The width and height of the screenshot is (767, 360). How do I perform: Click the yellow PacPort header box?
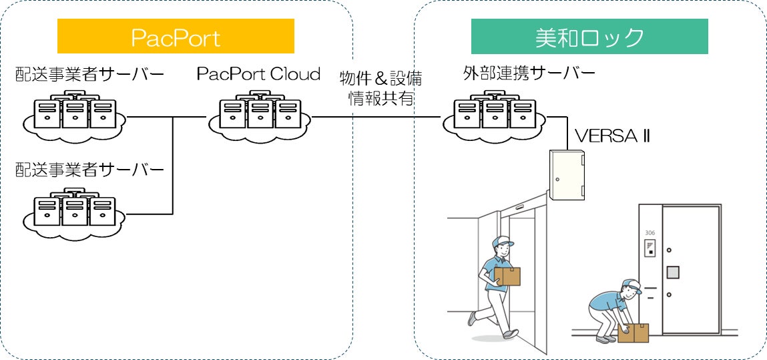tap(176, 36)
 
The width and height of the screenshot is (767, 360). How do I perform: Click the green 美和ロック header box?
tap(589, 36)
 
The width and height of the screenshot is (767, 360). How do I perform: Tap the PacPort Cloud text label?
tap(258, 73)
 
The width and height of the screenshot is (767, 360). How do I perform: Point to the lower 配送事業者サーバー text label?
tap(89, 170)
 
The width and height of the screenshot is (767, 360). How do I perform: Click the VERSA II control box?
tap(567, 174)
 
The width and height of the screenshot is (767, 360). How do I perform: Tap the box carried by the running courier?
tap(508, 277)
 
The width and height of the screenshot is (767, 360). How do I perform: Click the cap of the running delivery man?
tap(503, 241)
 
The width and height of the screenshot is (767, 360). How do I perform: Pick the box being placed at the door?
tap(633, 333)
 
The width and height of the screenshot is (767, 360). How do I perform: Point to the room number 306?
tap(650, 233)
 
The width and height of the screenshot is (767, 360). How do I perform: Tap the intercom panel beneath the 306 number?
tap(650, 249)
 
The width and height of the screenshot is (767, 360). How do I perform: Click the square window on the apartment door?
tap(673, 273)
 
